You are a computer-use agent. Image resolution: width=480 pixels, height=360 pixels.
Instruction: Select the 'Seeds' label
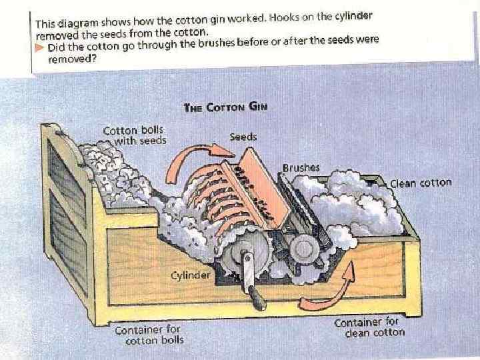[x=243, y=137]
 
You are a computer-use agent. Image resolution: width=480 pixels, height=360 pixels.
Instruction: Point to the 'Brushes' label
[x=301, y=168]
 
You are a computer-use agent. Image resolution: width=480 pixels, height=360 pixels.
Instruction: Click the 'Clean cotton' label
[x=421, y=183]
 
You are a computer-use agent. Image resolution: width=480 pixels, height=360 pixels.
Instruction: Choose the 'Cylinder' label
[x=190, y=274]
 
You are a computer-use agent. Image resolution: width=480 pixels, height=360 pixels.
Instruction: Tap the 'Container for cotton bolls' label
[x=148, y=334]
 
